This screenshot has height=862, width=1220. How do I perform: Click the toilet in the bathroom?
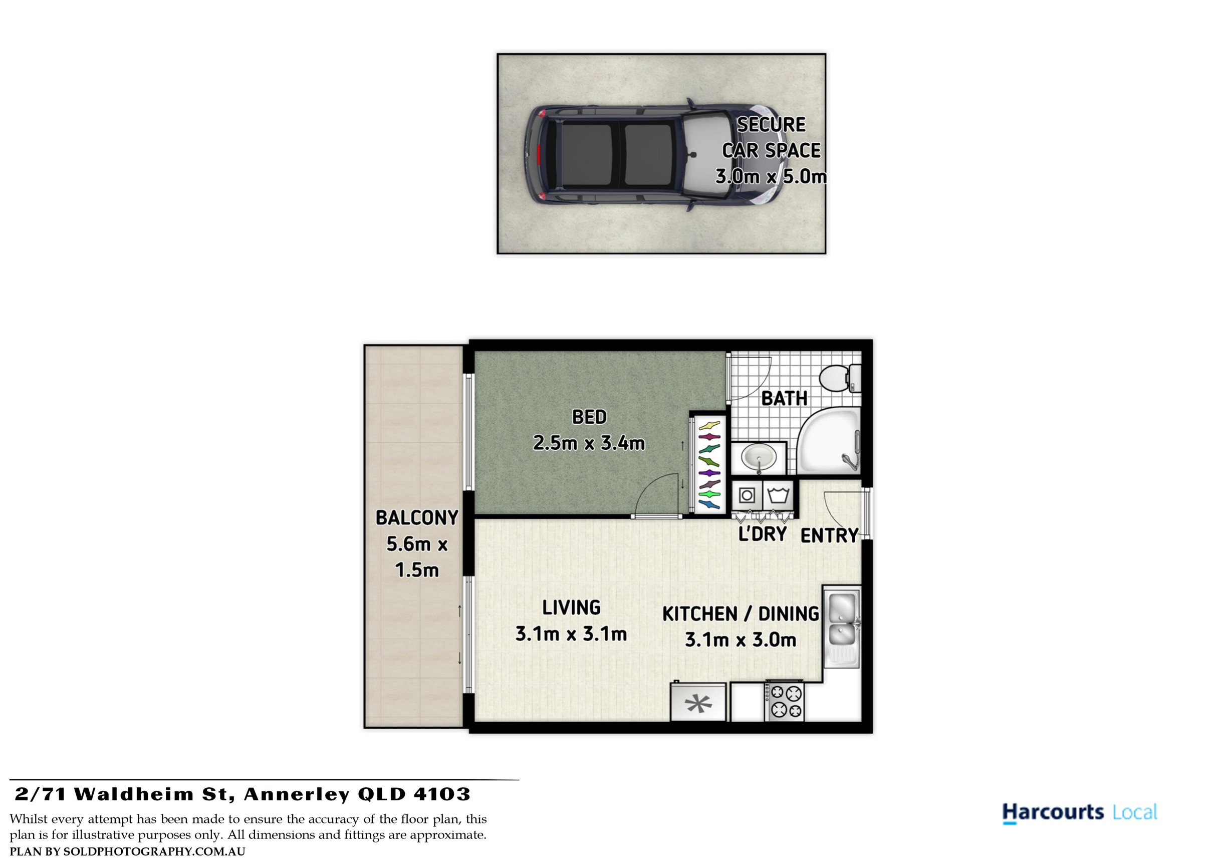pos(841,378)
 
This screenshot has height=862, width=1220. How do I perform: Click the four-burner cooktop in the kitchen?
pos(784,701)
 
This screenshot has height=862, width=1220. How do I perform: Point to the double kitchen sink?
pos(842,627)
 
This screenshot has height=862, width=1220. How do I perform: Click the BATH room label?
pos(784,398)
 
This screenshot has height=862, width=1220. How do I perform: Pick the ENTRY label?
pos(830,535)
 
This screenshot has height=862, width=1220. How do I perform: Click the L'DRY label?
pos(763,534)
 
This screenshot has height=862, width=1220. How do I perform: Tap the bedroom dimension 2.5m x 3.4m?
pos(589,443)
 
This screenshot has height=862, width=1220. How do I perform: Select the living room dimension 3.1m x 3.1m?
pos(571,634)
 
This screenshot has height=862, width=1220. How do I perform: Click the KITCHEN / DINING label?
pos(741,614)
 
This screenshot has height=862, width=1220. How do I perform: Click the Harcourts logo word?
pos(1053,812)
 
